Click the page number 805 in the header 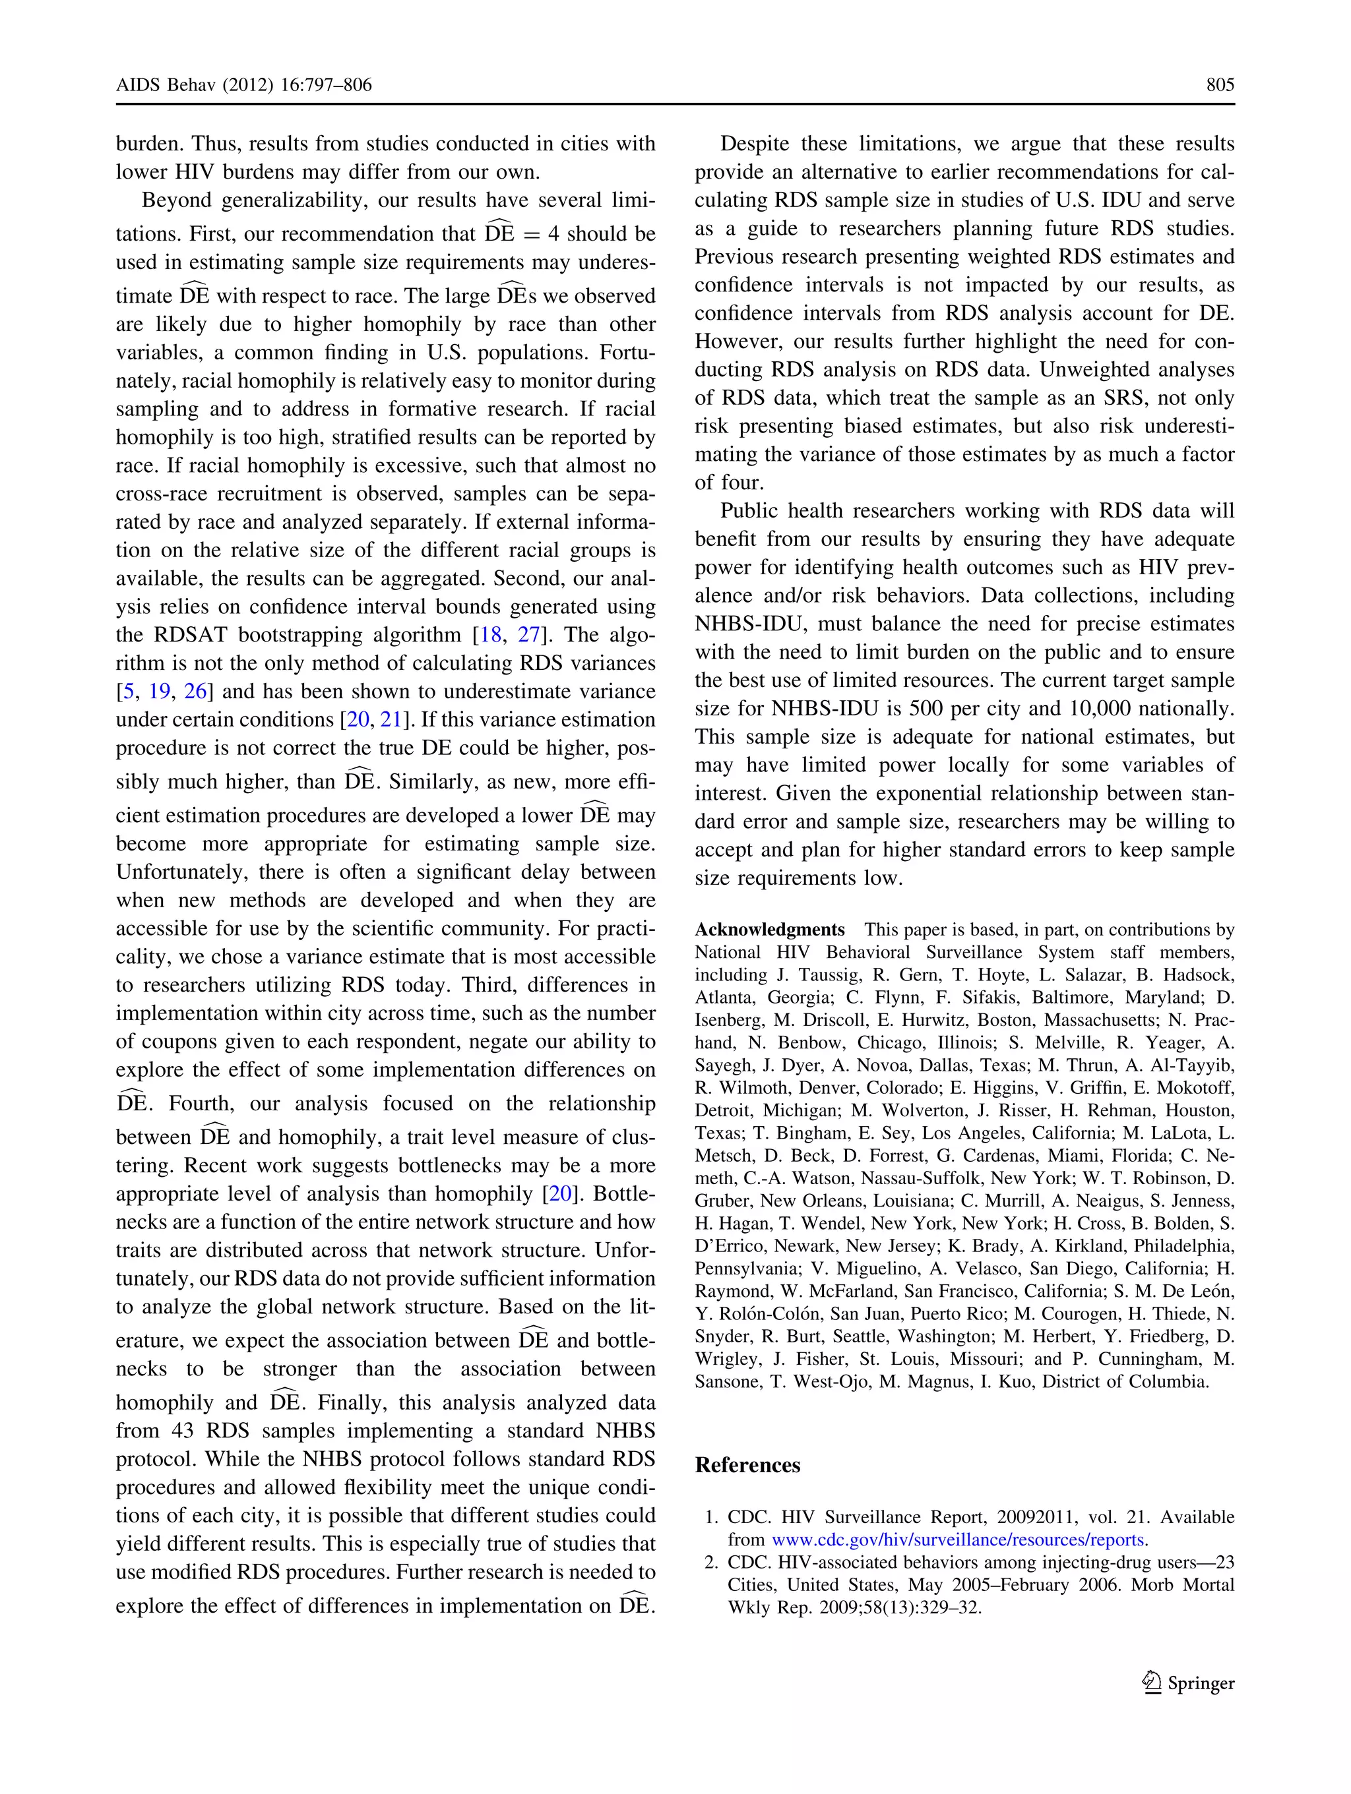(1220, 84)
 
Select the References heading (747, 1465)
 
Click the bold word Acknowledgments (769, 930)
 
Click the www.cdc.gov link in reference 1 (957, 1540)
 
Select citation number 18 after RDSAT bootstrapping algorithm (491, 634)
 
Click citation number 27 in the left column (528, 634)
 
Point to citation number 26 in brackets (195, 691)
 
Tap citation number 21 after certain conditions (391, 719)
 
